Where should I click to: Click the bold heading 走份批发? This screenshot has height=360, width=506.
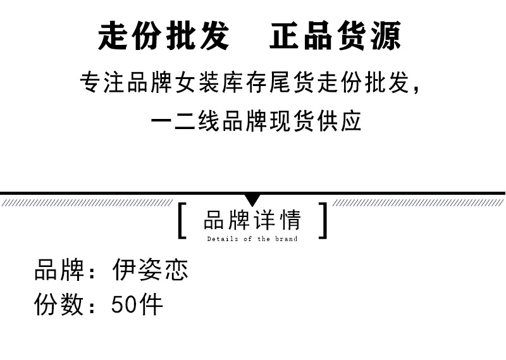pyautogui.click(x=164, y=35)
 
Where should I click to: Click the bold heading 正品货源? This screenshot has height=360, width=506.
pyautogui.click(x=335, y=35)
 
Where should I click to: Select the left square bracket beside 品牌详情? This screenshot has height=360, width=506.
pyautogui.click(x=182, y=221)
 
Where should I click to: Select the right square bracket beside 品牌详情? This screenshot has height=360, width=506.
pyautogui.click(x=323, y=221)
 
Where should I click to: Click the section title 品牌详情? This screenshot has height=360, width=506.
pyautogui.click(x=252, y=220)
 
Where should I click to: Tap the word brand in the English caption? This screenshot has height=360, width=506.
pyautogui.click(x=287, y=239)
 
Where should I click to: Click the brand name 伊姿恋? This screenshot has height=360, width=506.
pyautogui.click(x=151, y=270)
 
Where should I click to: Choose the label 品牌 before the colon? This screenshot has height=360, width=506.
pyautogui.click(x=59, y=270)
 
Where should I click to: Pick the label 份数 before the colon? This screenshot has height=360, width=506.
pyautogui.click(x=59, y=304)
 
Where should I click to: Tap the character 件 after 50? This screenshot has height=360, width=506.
pyautogui.click(x=151, y=304)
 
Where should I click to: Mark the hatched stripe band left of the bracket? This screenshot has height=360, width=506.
pyautogui.click(x=87, y=202)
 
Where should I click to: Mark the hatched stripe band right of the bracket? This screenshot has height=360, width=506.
pyautogui.click(x=418, y=202)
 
